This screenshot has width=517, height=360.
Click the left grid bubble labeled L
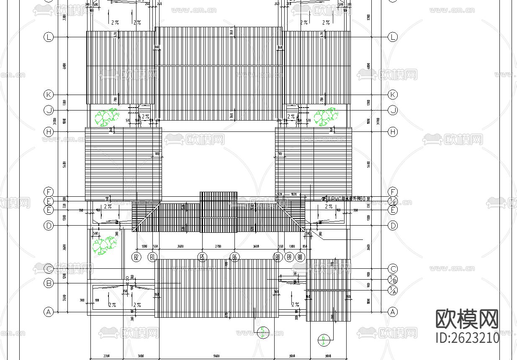pos(49,37)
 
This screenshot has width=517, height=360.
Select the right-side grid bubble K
pos(393,95)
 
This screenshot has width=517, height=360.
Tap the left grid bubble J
pos(49,111)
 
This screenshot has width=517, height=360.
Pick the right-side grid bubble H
pos(393,132)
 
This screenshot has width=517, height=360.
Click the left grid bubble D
pos(49,226)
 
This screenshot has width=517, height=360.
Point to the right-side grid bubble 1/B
pos(393,280)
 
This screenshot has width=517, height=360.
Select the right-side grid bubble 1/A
pos(393,290)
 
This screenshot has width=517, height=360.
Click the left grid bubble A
pos(49,312)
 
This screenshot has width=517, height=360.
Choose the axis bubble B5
pos(203,257)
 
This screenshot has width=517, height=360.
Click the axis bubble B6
pos(235,257)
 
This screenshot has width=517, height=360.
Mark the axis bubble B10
pos(301,257)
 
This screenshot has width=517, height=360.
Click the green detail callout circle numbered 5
pos(263,333)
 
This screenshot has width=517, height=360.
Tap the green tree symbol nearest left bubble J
pos(106,117)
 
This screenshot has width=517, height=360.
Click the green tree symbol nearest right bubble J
pos(326,117)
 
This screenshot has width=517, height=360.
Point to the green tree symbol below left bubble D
pos(104,245)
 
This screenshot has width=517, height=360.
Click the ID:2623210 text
pos(467,337)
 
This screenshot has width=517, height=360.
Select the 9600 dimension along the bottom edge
pos(216,356)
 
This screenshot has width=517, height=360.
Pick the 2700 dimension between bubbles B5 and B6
pos(218,247)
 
